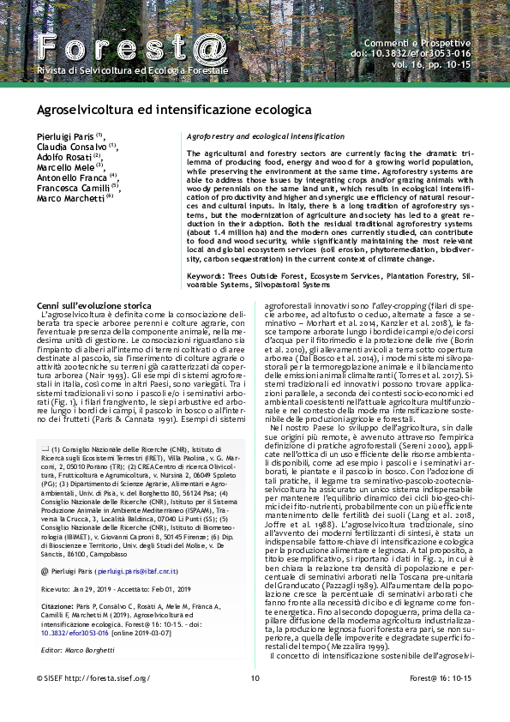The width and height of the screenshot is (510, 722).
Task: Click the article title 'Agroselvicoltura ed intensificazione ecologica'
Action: [172, 111]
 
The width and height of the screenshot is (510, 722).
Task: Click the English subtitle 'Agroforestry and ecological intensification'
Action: [265, 136]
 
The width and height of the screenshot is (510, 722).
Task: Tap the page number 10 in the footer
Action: [255, 702]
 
